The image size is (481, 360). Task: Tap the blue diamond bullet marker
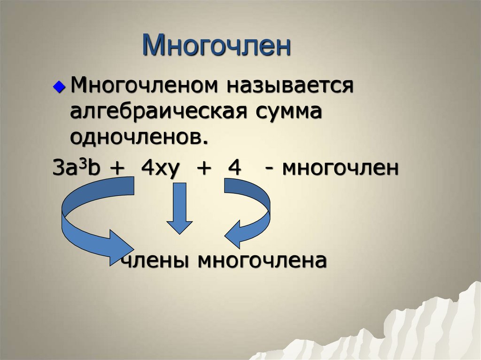58,87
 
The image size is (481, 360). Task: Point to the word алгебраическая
157,112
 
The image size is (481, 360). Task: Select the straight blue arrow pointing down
179,207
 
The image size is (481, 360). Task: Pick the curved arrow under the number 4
249,211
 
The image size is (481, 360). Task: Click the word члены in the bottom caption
155,261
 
